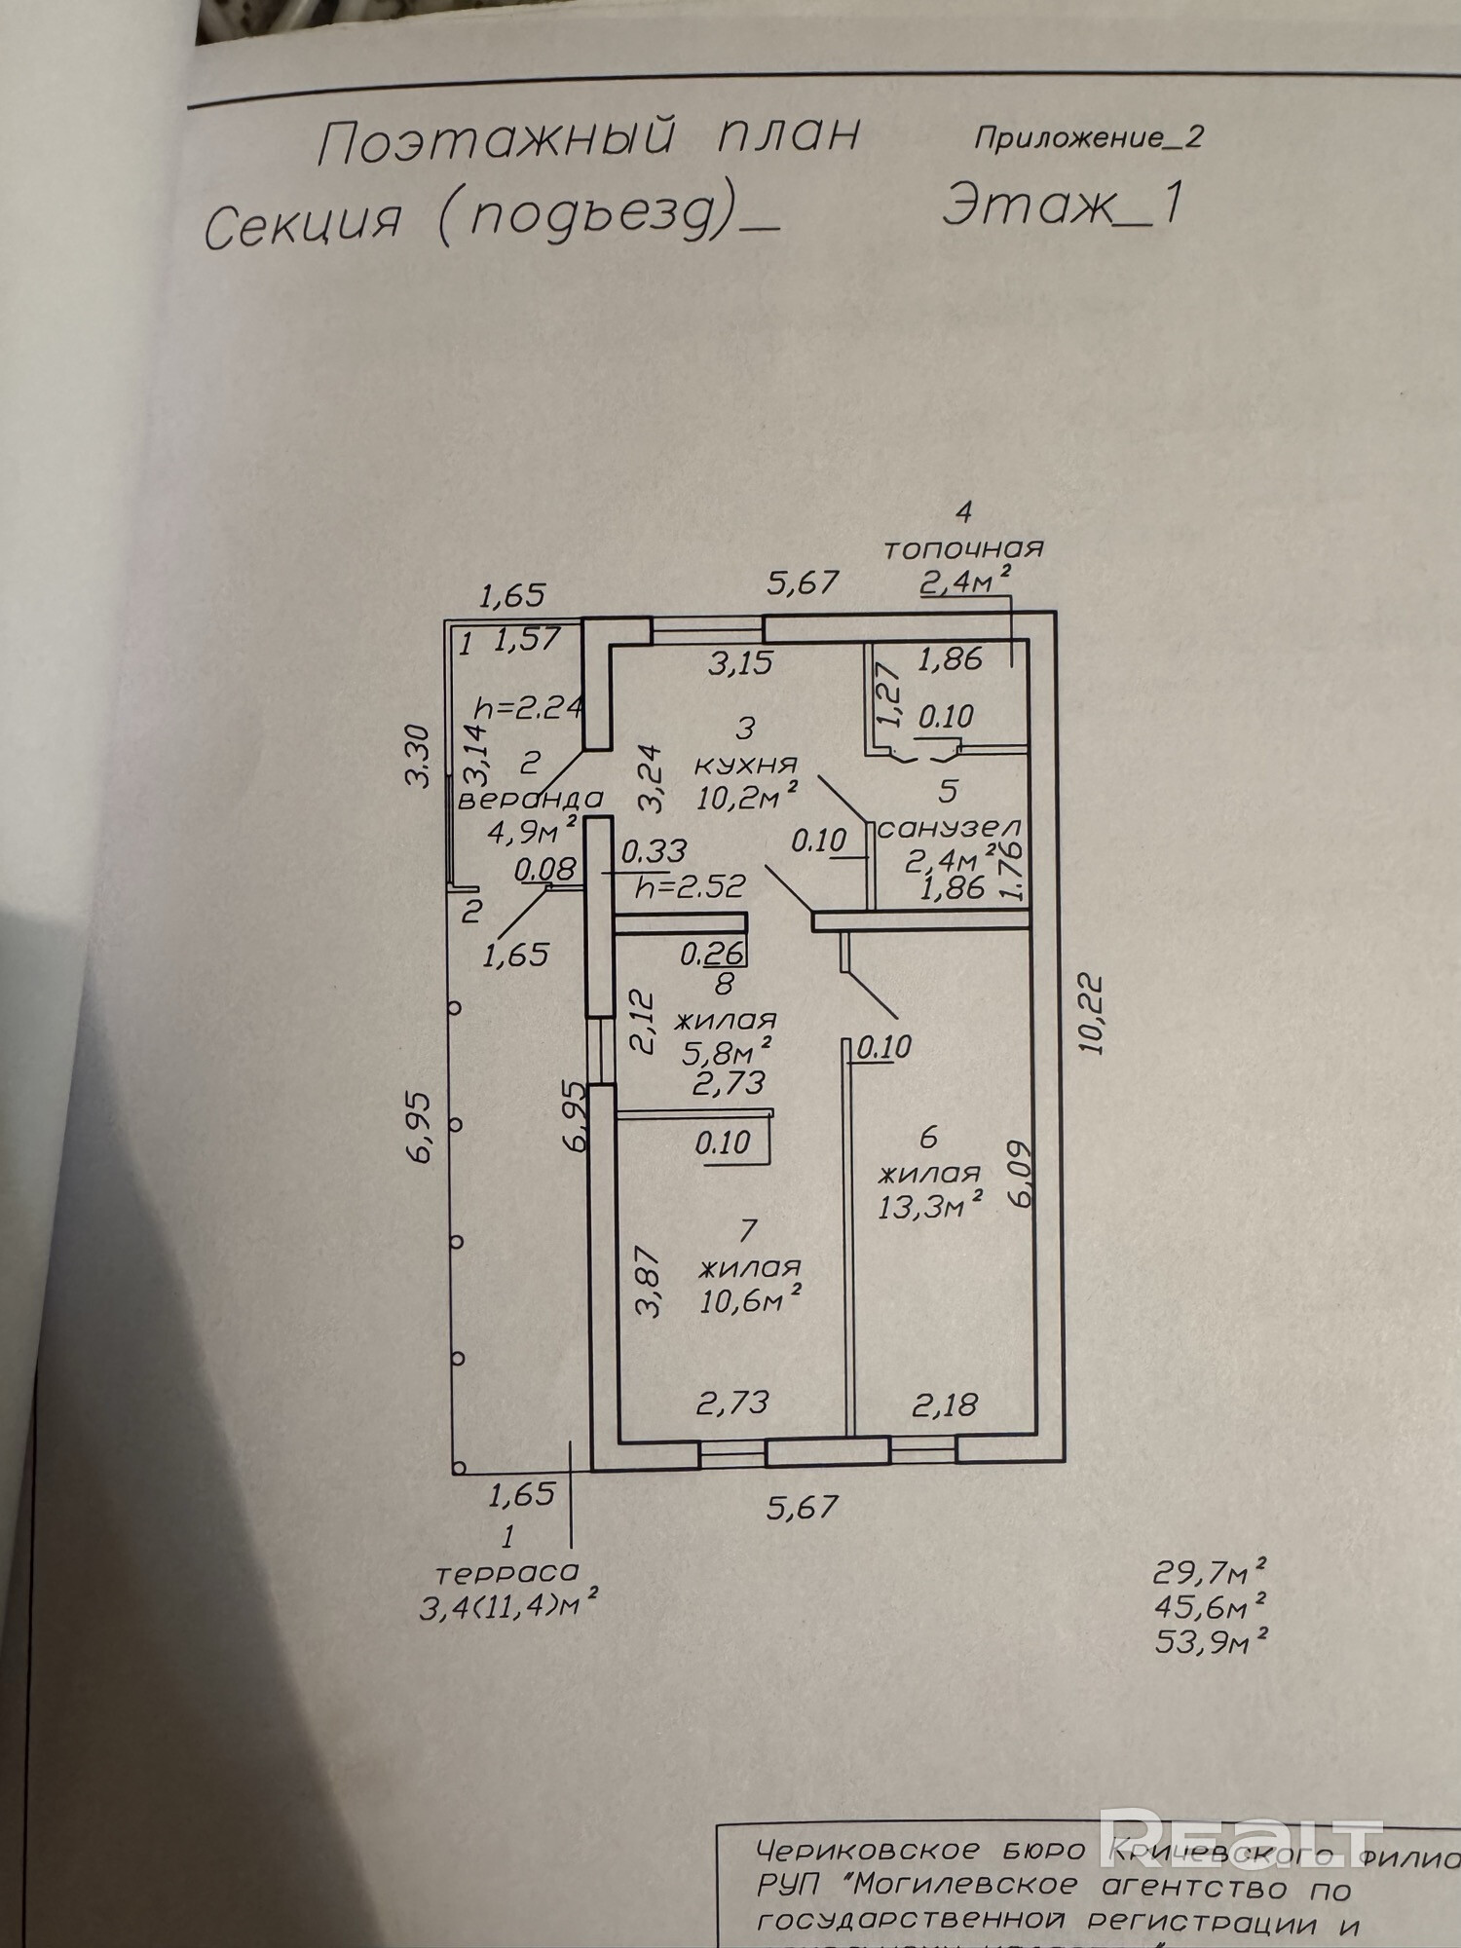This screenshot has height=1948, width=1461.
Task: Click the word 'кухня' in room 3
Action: (x=747, y=765)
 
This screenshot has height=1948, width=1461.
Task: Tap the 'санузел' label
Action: (x=950, y=829)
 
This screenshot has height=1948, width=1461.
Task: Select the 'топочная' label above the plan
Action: (x=962, y=548)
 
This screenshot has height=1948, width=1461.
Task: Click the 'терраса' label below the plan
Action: (x=506, y=1571)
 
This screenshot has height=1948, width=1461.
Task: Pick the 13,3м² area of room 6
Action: (x=928, y=1207)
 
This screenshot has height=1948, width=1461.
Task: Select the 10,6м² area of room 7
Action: (x=750, y=1299)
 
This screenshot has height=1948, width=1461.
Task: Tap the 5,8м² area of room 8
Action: (x=725, y=1050)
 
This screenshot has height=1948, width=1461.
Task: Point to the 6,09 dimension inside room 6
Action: (x=1021, y=1175)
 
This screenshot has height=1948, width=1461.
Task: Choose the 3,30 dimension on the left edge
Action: (x=418, y=754)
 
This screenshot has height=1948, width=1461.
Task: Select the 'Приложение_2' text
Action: (x=1088, y=137)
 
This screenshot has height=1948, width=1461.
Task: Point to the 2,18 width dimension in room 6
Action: (x=944, y=1404)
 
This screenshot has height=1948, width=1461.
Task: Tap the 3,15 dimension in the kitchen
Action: (x=740, y=664)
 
